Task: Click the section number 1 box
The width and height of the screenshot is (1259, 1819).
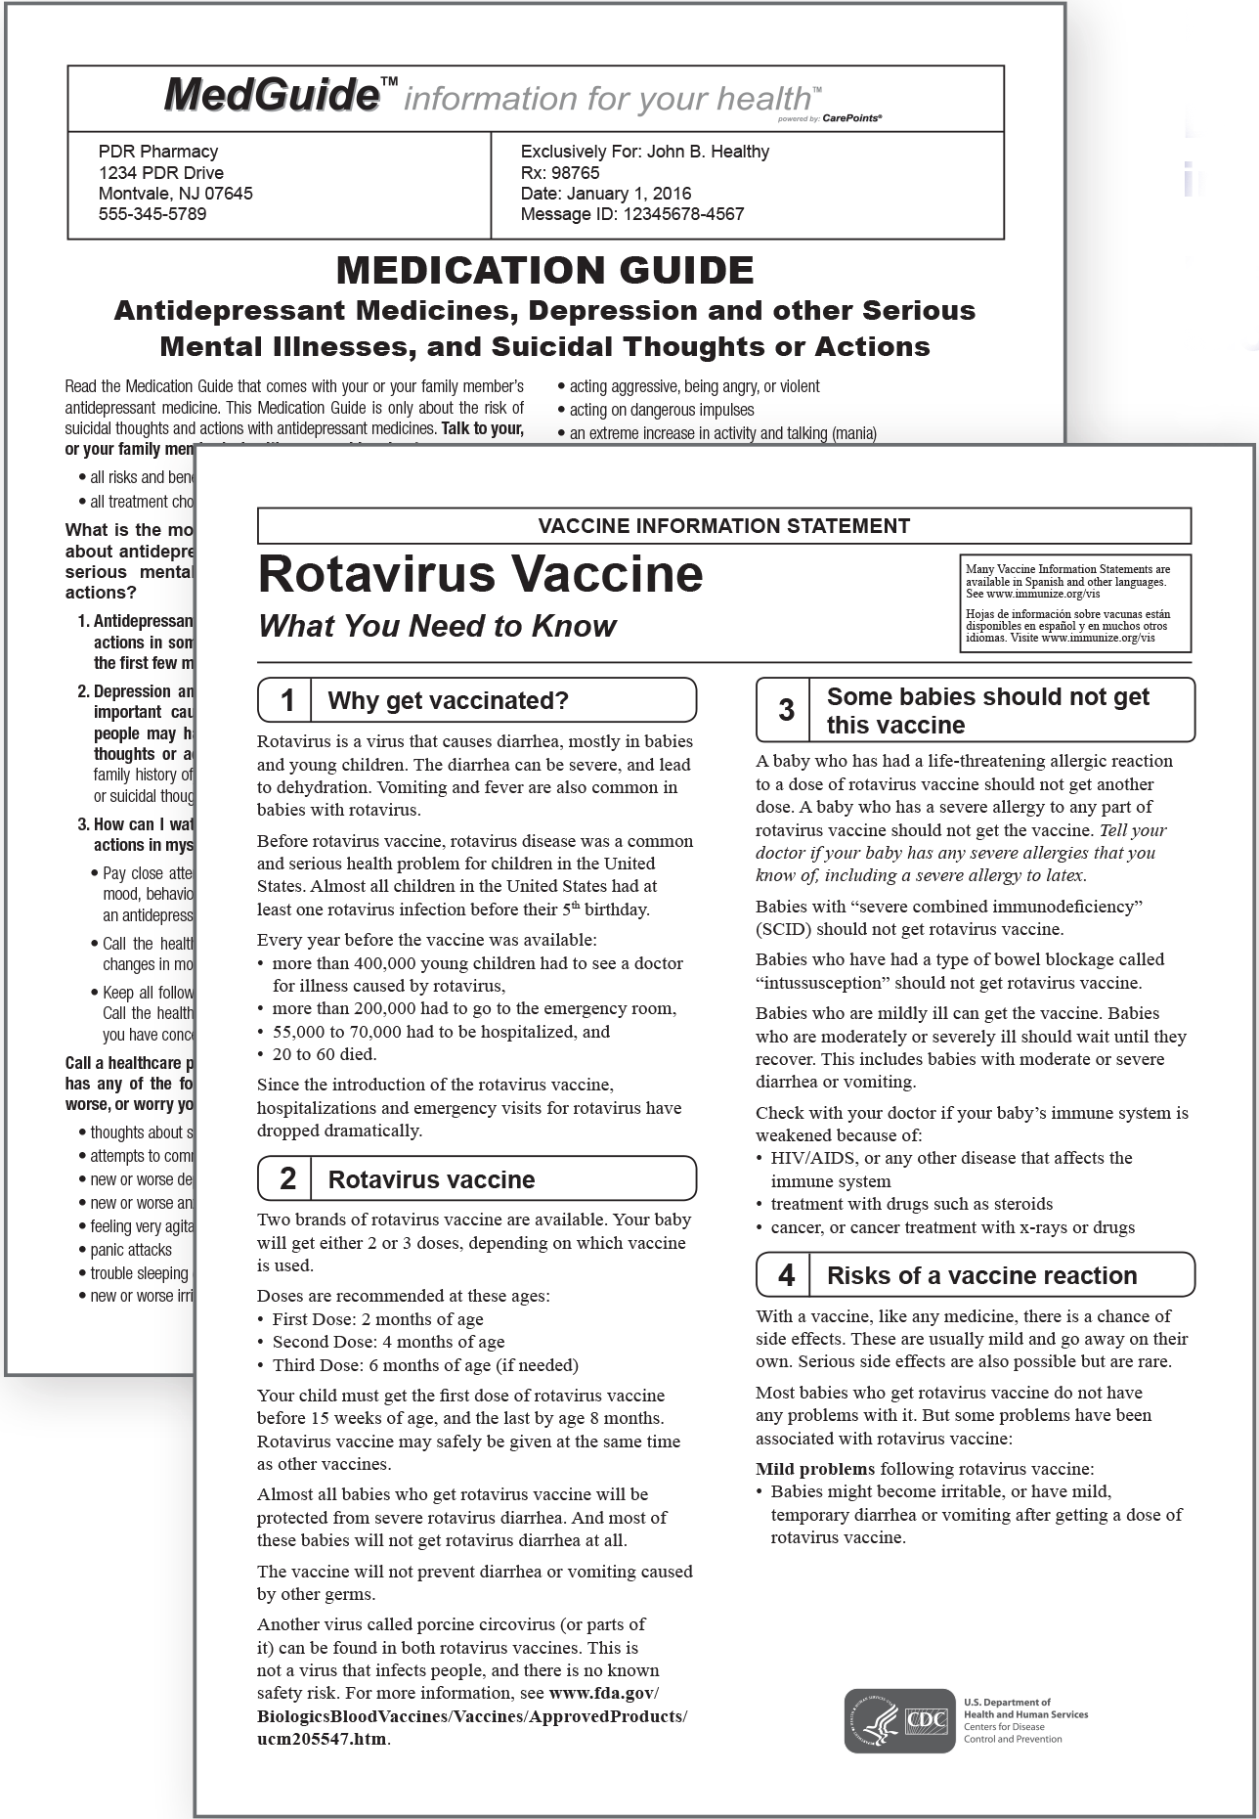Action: [x=286, y=700]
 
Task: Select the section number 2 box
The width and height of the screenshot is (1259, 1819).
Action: [x=286, y=1178]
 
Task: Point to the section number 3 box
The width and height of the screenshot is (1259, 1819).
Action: [x=785, y=710]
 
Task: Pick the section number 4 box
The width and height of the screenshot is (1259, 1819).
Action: [x=785, y=1275]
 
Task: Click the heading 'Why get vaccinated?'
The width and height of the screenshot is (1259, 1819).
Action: [x=448, y=700]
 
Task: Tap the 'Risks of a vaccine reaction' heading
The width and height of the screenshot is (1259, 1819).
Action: [x=981, y=1275]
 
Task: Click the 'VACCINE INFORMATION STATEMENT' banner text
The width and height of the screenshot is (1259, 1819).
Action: [x=723, y=526]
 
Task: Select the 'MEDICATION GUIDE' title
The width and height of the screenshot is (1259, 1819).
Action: [x=544, y=270]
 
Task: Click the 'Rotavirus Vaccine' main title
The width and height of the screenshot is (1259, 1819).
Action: [x=480, y=574]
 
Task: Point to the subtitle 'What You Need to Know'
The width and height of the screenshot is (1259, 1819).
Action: [x=437, y=626]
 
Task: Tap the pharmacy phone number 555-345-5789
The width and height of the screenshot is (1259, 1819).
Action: [x=152, y=214]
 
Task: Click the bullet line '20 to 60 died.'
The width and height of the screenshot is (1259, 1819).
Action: [x=324, y=1054]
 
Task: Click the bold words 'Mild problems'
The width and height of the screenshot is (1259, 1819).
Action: [x=815, y=1469]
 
